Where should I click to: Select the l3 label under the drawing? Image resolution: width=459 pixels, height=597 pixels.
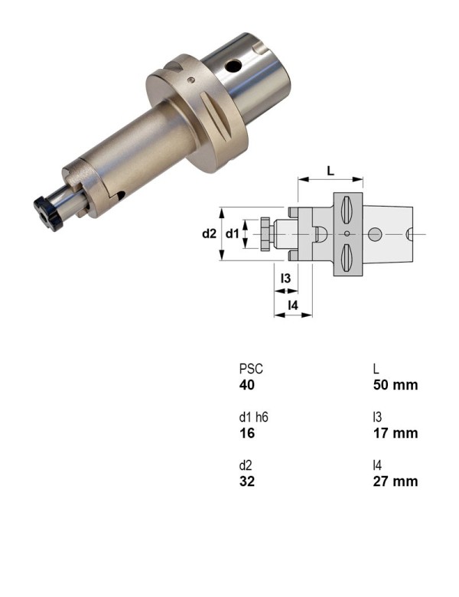pyautogui.click(x=285, y=279)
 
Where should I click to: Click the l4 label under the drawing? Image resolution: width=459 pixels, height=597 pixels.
pyautogui.click(x=292, y=306)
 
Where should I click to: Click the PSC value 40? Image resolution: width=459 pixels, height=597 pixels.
pyautogui.click(x=247, y=385)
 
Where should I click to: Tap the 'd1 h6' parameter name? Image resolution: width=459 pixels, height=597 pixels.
pyautogui.click(x=254, y=417)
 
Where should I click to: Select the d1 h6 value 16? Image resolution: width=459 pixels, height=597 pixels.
pyautogui.click(x=246, y=433)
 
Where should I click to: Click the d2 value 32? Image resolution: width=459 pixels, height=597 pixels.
pyautogui.click(x=247, y=481)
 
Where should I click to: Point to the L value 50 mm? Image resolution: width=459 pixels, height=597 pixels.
pyautogui.click(x=396, y=385)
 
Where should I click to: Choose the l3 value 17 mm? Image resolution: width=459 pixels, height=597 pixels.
pyautogui.click(x=396, y=433)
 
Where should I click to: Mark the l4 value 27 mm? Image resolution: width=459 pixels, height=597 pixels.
pyautogui.click(x=396, y=481)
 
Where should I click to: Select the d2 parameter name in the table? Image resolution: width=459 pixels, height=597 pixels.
pyautogui.click(x=246, y=465)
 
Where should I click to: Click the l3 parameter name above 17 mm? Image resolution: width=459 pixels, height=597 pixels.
pyautogui.click(x=377, y=417)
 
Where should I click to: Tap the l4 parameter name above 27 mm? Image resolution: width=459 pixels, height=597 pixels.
pyautogui.click(x=377, y=465)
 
